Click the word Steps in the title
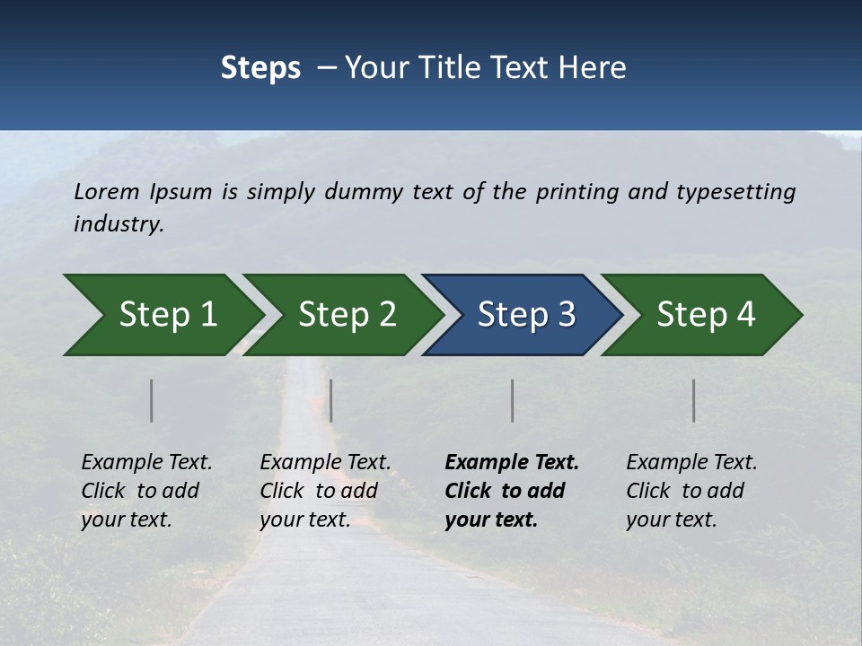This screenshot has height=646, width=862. pyautogui.click(x=260, y=68)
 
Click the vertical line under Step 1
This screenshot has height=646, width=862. pyautogui.click(x=151, y=400)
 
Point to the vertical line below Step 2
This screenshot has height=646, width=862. pyautogui.click(x=331, y=400)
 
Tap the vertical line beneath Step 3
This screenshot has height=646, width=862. pyautogui.click(x=512, y=400)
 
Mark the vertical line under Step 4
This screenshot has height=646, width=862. pyautogui.click(x=694, y=400)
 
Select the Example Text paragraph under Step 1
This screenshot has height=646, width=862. pyautogui.click(x=146, y=491)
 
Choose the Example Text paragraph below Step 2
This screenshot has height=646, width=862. pyautogui.click(x=325, y=491)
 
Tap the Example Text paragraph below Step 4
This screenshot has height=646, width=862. pyautogui.click(x=691, y=491)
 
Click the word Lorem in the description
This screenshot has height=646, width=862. pyautogui.click(x=107, y=192)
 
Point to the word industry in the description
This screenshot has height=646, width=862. pyautogui.click(x=119, y=224)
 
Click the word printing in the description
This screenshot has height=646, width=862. pyautogui.click(x=574, y=192)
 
